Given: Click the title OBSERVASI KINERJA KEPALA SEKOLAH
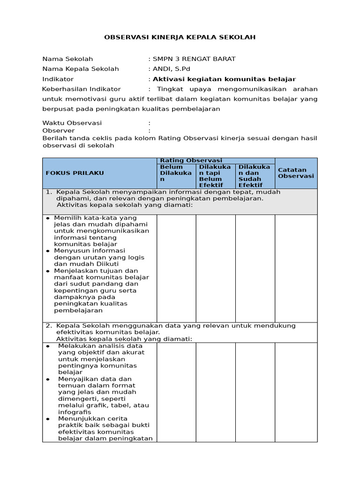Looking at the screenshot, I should pos(180,37).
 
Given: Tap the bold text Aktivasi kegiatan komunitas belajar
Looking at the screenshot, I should pos(224,79).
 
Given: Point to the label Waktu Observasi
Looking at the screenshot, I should pos(72,123).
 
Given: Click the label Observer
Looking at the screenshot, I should pos(58,130).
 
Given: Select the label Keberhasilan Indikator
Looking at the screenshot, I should pos(81,89).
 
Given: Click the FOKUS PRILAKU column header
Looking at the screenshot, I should pos(75,173).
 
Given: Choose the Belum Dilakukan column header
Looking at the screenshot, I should pos(176,176).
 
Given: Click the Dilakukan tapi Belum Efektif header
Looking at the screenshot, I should pos(215,176).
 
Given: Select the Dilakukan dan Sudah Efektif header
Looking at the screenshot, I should pos(255,176).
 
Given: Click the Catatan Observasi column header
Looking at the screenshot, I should pos(296,173).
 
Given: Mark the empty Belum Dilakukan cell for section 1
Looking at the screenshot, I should pos(176,268).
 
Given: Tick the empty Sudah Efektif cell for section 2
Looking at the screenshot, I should pos(255,392).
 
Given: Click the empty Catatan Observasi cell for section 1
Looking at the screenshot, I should pos(296,268).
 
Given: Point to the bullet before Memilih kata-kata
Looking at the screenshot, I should pos(48,218).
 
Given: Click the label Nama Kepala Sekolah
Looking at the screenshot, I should pos(81,69).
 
